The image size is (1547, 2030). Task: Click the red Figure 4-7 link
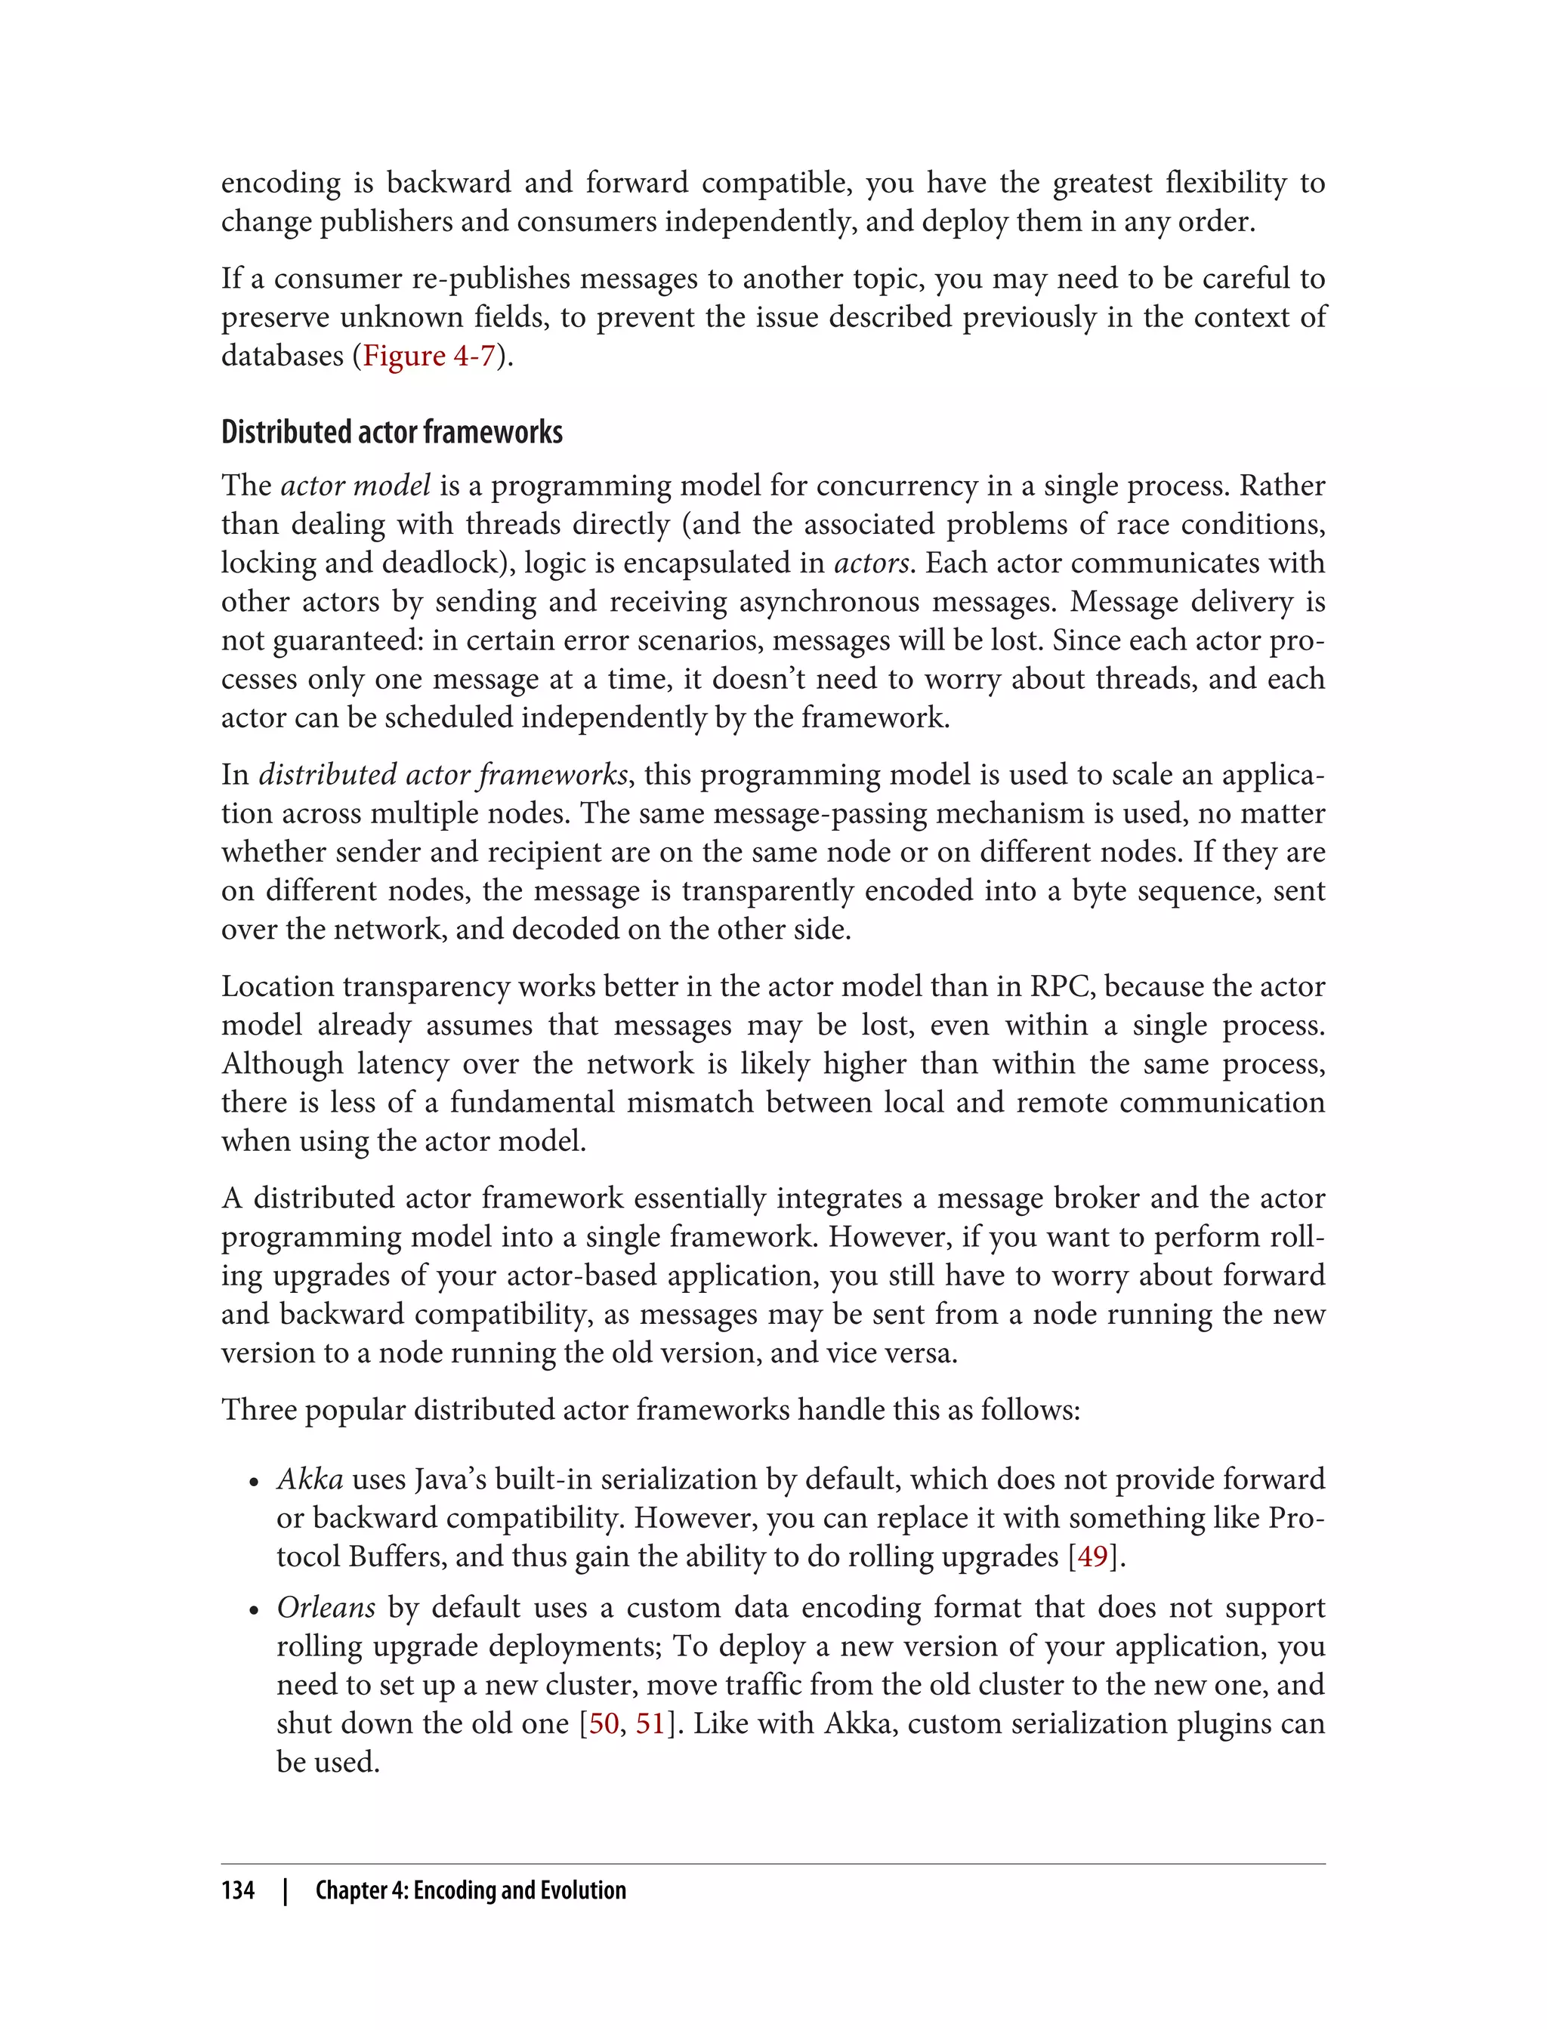pos(429,356)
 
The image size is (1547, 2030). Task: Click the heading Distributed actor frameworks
pos(391,432)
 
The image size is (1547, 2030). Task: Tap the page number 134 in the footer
pos(238,1890)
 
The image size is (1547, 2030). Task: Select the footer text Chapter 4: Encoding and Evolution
pos(471,1890)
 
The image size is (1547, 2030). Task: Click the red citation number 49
pos(1092,1556)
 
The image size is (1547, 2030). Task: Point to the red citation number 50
pos(604,1723)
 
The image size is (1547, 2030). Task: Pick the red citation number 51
pos(650,1723)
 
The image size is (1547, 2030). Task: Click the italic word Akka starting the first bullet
pos(310,1479)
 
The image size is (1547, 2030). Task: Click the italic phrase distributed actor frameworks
pos(443,774)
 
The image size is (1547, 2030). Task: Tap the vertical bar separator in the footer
pos(286,1890)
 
